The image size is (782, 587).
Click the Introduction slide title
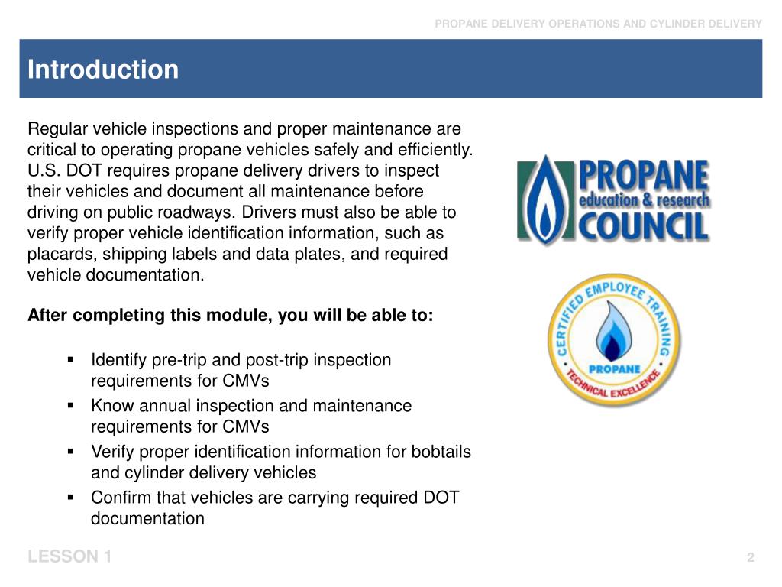pos(103,70)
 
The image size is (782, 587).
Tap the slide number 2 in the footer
pos(751,558)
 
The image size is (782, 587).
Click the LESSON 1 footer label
pos(69,557)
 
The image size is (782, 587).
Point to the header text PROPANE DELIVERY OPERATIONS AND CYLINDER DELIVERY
pos(598,24)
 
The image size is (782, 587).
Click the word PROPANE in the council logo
pos(643,177)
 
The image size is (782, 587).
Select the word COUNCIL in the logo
pos(643,226)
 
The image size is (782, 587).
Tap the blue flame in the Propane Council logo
pos(547,200)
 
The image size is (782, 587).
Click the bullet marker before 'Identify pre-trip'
pos(70,358)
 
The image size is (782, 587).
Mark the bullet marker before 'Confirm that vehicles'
pos(70,496)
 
